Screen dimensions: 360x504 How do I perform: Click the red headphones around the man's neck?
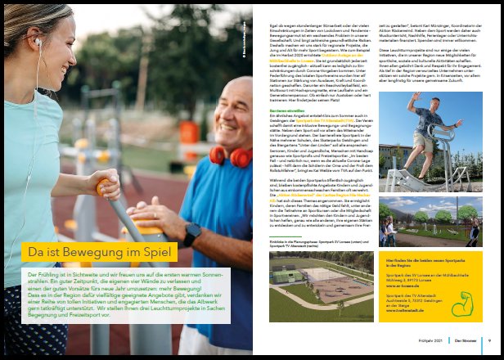tap(229, 155)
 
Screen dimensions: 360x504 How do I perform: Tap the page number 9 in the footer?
tap(488, 340)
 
